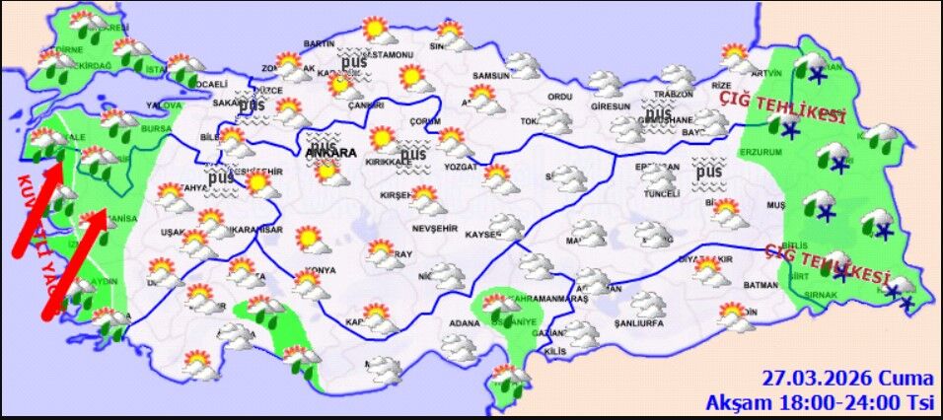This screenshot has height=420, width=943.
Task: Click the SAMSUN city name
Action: click(490, 76)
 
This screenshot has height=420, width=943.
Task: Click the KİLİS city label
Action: click(554, 352)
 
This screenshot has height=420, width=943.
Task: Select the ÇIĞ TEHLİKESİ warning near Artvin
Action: click(782, 107)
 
